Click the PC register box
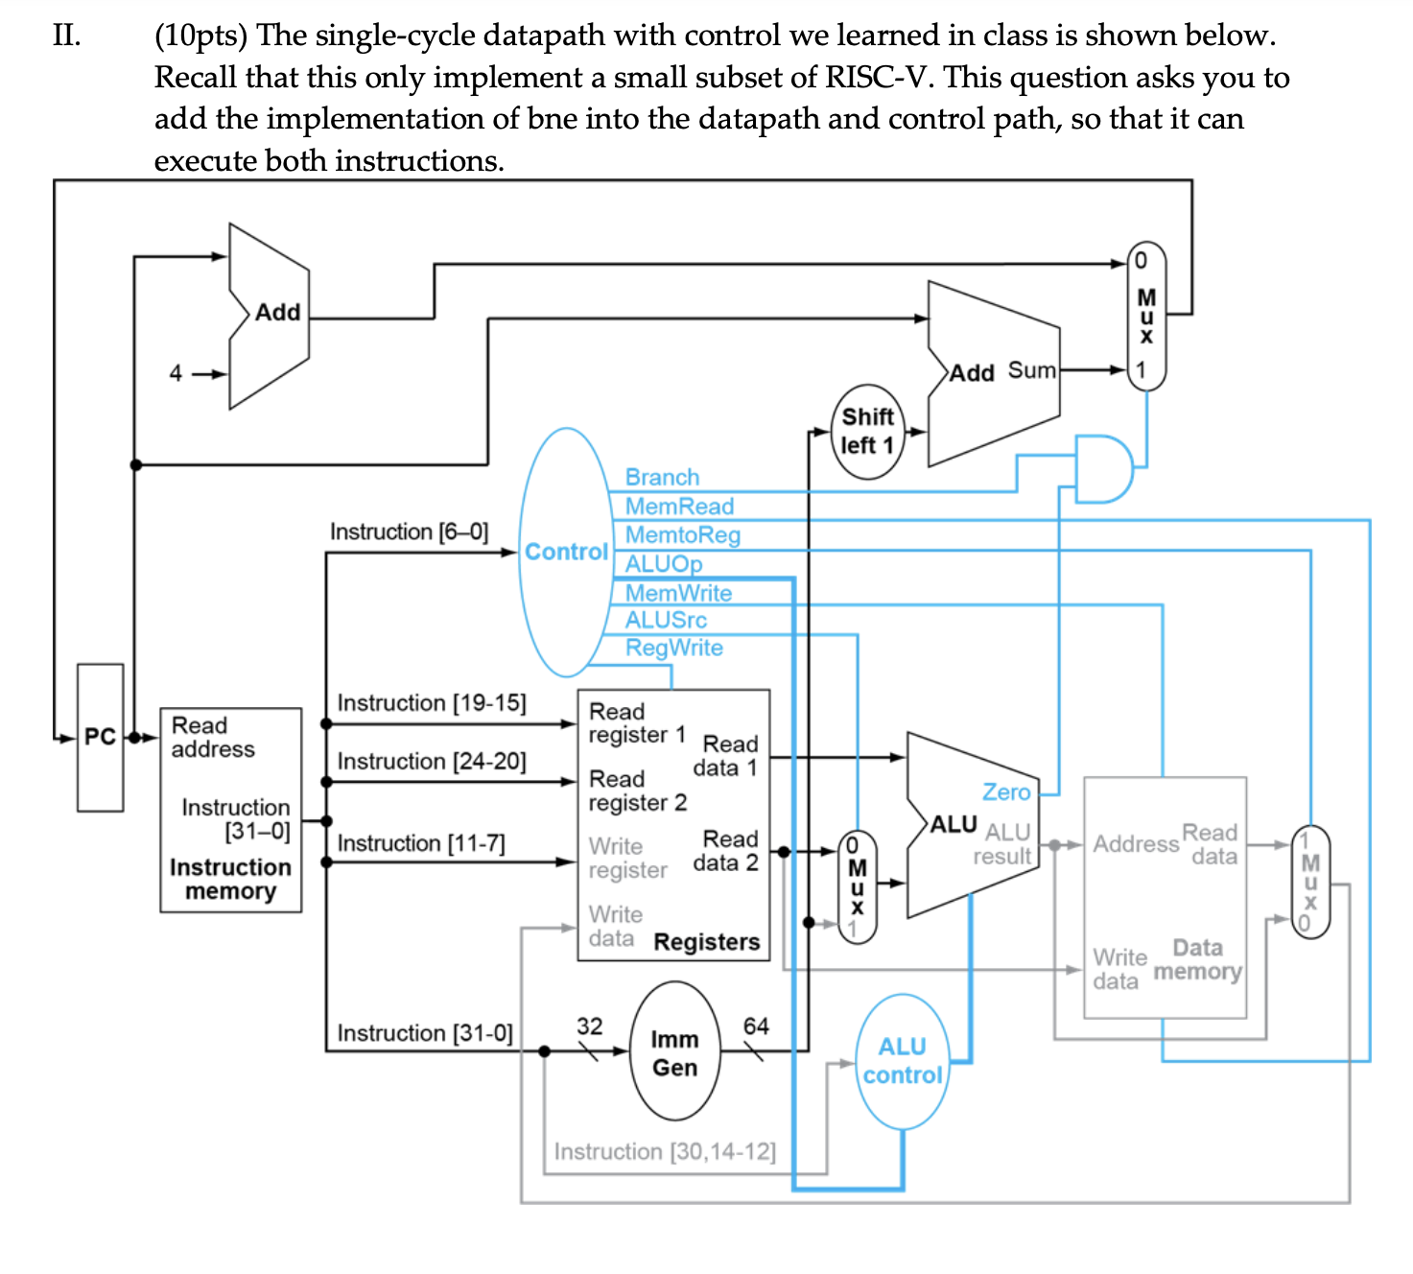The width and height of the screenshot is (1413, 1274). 100,737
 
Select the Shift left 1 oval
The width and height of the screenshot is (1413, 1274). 867,432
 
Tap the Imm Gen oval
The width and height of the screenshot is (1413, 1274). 674,1052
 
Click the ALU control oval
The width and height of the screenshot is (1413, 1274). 902,1061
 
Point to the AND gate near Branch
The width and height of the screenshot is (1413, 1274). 1101,468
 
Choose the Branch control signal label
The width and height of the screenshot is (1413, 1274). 662,477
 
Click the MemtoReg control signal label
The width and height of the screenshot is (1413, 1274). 682,534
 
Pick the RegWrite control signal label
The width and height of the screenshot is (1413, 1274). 673,648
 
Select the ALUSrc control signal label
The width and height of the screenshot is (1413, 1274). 666,620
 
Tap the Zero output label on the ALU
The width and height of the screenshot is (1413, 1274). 1005,791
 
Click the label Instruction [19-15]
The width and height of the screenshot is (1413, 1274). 432,703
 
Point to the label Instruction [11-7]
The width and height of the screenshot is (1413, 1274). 421,843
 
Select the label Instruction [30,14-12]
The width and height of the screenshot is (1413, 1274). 665,1151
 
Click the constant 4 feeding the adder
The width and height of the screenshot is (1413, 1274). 176,373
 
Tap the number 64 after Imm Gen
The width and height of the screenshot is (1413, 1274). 756,1026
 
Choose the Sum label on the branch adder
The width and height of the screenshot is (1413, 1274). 1031,370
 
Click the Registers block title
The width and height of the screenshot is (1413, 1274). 706,942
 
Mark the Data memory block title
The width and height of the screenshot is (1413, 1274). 1197,959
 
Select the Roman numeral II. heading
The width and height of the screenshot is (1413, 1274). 67,36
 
